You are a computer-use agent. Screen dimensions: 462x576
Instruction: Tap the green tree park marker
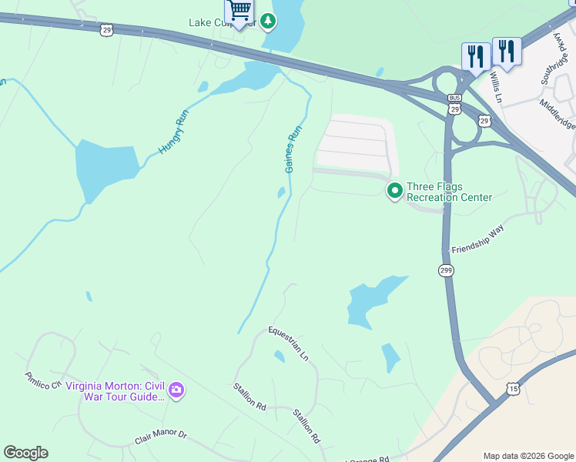[267, 21]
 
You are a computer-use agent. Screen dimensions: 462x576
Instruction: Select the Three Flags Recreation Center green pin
[395, 189]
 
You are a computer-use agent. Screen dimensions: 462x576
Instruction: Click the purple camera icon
[176, 391]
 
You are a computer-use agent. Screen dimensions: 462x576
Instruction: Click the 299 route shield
[447, 270]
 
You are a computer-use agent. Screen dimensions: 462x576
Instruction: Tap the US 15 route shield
[513, 390]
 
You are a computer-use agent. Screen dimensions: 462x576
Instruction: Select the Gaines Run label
[292, 149]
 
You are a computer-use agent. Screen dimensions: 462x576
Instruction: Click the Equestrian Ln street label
[288, 343]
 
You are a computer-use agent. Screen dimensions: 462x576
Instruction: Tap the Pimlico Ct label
[42, 380]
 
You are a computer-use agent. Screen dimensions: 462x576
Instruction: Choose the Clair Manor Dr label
[161, 437]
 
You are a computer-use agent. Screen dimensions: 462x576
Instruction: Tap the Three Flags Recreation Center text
[449, 192]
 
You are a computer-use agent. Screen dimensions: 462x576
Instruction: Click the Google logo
[25, 453]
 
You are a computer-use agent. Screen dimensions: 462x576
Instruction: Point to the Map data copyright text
[528, 456]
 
